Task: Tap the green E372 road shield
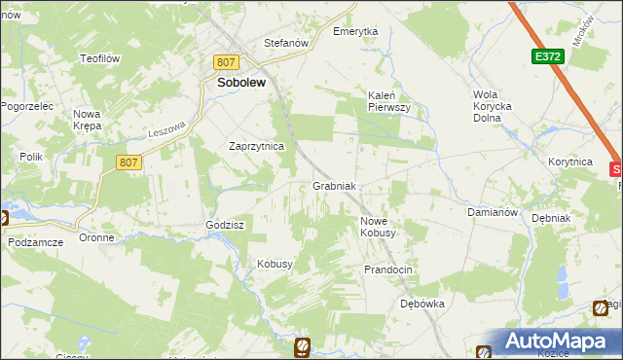(547, 57)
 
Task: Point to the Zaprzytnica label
(255, 146)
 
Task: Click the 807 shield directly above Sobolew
(227, 62)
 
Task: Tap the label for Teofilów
(99, 58)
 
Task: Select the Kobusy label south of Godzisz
(275, 264)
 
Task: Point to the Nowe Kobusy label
(378, 227)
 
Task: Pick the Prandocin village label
(389, 269)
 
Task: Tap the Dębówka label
(422, 304)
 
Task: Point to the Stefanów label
(286, 44)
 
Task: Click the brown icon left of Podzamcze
(3, 218)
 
